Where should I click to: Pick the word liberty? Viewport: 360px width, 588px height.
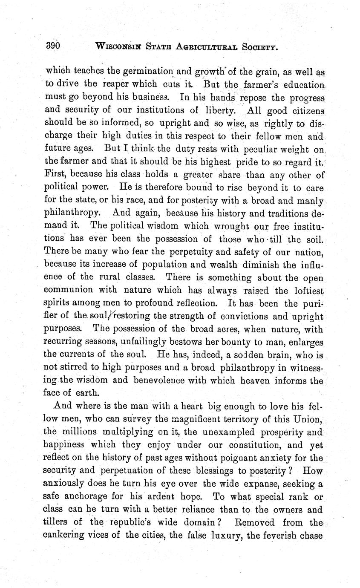(x=217, y=110)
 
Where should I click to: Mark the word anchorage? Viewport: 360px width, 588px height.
(x=80, y=497)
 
